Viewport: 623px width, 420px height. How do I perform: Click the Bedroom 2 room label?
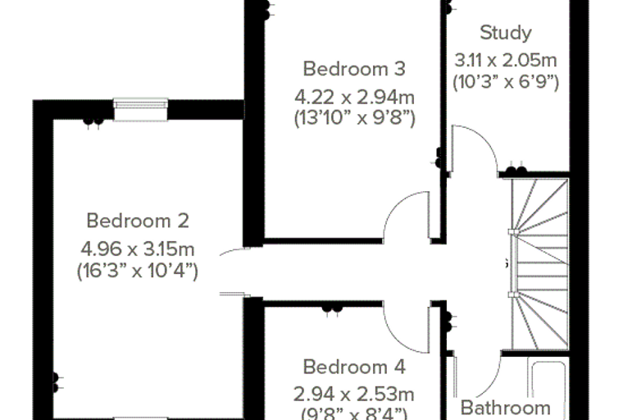point(138,221)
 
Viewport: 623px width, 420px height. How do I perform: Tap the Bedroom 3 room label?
point(354,69)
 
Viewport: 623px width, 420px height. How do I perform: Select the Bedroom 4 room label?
point(354,367)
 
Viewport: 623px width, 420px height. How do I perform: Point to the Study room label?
point(506,33)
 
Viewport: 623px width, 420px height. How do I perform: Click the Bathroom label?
point(506,408)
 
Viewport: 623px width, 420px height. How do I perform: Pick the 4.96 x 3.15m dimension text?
point(138,249)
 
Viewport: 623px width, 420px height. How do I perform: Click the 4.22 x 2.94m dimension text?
point(354,97)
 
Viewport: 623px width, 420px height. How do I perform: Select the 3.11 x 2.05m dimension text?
point(506,61)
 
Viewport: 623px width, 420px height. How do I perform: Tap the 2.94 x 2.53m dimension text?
point(354,395)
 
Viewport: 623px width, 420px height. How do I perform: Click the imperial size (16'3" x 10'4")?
point(138,272)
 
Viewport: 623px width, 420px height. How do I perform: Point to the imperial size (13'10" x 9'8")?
point(354,118)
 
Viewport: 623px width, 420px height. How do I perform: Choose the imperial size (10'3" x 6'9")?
point(506,82)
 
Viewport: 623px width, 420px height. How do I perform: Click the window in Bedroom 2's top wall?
point(140,109)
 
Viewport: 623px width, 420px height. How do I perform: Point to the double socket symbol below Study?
point(516,170)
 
